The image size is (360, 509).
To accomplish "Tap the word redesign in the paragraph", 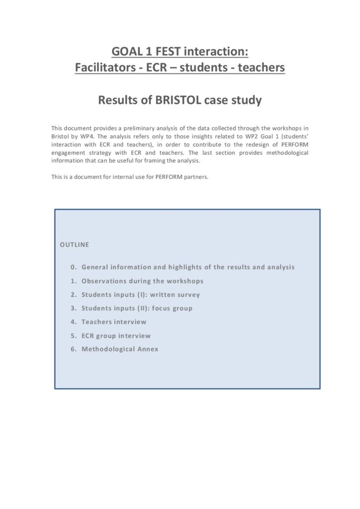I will [255, 144].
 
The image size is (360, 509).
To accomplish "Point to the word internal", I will [124, 177].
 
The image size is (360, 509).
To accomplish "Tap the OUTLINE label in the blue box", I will [75, 245].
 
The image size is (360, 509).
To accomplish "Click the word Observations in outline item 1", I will [103, 281].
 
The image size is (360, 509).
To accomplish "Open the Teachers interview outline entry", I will [114, 322].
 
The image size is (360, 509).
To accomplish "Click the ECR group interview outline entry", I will [116, 336].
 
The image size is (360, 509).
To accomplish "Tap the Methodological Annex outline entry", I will [120, 349].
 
